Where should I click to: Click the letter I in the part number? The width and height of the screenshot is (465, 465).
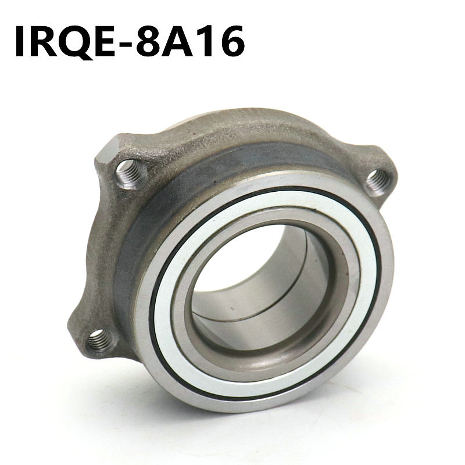(x=21, y=41)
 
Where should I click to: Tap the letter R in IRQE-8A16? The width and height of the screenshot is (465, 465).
(x=45, y=41)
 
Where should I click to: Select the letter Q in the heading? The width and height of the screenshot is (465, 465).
(x=76, y=42)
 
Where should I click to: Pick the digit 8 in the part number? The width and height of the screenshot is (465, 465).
(x=148, y=41)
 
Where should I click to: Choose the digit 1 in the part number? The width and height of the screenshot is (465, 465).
(x=205, y=41)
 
